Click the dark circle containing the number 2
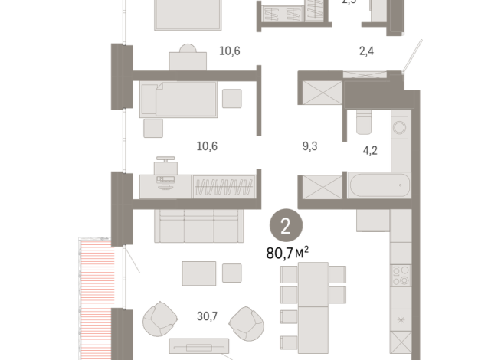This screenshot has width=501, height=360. pos(286,227)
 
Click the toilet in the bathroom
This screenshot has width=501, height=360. pos(364,122)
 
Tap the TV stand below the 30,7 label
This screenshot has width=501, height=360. pos(198,346)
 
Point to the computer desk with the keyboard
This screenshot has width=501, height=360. pos(164,182)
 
